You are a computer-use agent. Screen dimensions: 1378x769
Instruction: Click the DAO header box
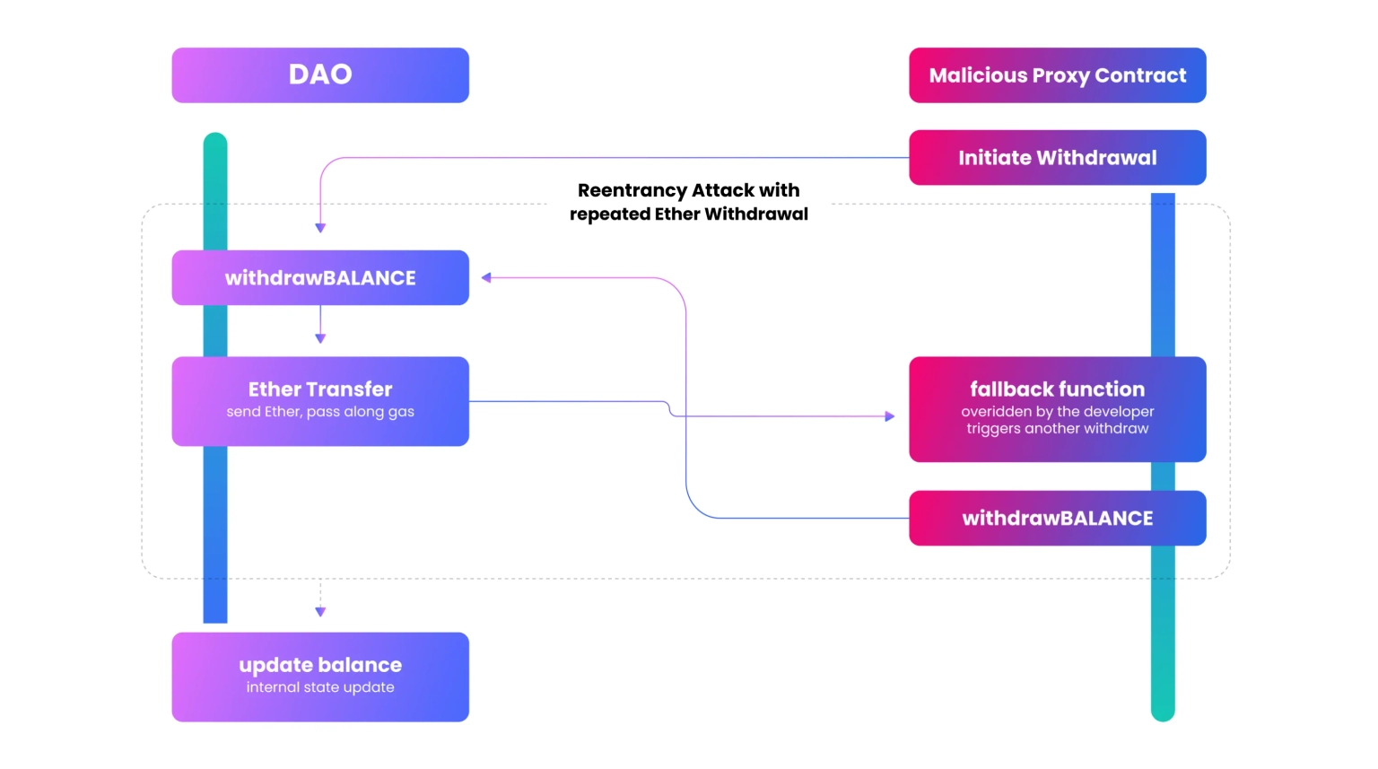click(320, 75)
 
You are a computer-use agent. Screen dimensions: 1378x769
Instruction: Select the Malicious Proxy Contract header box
click(1058, 75)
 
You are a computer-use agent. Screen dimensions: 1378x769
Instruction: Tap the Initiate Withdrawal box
click(1058, 158)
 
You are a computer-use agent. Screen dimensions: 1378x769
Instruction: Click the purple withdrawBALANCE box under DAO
click(320, 277)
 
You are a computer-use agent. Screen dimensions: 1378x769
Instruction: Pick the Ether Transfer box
click(320, 401)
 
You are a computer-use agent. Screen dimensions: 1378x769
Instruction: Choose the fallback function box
click(1058, 409)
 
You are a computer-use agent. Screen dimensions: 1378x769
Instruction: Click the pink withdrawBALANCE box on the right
click(1058, 518)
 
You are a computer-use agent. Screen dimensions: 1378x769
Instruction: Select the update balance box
click(320, 677)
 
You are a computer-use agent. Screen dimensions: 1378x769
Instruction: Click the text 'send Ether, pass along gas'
click(320, 412)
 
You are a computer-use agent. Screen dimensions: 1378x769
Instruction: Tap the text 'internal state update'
click(320, 687)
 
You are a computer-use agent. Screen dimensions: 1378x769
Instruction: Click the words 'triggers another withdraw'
click(1058, 428)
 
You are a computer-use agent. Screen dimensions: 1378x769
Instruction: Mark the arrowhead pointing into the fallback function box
click(890, 416)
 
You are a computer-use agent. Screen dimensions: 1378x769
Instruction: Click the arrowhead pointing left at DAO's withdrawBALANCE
click(486, 277)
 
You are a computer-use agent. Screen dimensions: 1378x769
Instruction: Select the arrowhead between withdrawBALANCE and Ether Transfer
click(320, 338)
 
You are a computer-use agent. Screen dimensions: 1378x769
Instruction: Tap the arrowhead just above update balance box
click(320, 611)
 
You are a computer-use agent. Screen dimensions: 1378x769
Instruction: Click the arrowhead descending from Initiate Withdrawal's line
click(320, 228)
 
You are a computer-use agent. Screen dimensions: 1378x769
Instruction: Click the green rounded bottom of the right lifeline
click(1163, 712)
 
